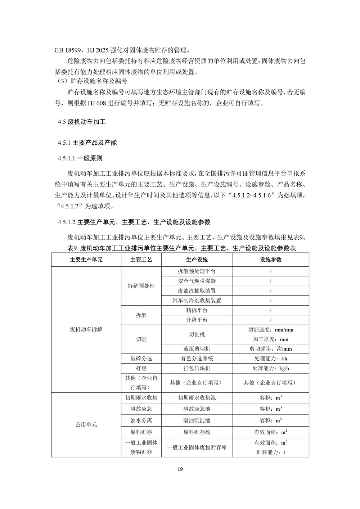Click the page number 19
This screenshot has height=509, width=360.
tap(180, 469)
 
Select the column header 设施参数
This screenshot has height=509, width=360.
tap(271, 260)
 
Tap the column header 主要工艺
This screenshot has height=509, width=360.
tap(141, 260)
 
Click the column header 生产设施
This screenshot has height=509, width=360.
tap(197, 260)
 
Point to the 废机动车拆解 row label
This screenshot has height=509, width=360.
tap(86, 329)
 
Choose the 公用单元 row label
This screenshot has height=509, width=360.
tap(86, 424)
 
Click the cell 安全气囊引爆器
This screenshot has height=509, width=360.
tap(197, 281)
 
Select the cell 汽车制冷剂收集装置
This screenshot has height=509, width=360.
tap(197, 300)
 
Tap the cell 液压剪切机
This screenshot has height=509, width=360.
tap(197, 348)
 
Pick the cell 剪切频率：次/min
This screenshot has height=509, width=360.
tap(271, 348)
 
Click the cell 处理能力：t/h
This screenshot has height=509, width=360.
tap(271, 358)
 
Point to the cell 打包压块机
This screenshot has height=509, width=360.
tap(197, 368)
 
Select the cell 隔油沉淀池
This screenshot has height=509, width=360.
tap(197, 420)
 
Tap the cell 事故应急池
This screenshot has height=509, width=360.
tap(197, 409)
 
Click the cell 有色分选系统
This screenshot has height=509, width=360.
tap(197, 358)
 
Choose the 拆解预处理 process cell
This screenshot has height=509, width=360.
tap(141, 286)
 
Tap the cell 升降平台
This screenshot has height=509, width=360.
tap(197, 320)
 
